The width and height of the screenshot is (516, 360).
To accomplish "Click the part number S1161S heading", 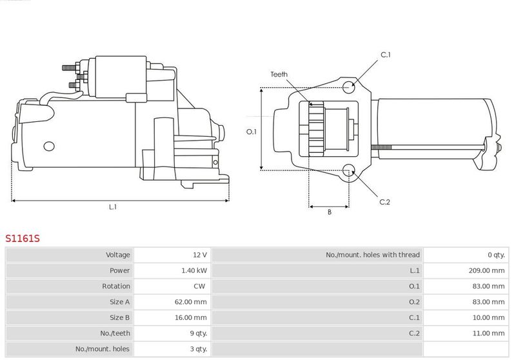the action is click(x=23, y=238).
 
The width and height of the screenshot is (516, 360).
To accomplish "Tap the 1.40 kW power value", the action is click(x=194, y=270).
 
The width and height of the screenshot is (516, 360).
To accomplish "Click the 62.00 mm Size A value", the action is click(x=190, y=302).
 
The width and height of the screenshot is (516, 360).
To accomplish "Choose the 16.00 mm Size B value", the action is click(x=190, y=317).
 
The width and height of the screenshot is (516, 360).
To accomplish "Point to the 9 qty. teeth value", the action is click(x=199, y=334).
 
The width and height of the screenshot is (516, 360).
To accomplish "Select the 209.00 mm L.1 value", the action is click(x=486, y=270).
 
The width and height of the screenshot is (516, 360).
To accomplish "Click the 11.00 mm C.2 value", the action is click(x=488, y=334).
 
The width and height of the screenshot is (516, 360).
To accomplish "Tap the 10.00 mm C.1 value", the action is click(x=488, y=317).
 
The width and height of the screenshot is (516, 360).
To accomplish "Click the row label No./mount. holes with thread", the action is click(x=373, y=255).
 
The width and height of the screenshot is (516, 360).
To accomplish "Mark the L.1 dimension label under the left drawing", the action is click(x=113, y=207).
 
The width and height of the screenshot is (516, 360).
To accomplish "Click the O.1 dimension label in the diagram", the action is click(x=252, y=132).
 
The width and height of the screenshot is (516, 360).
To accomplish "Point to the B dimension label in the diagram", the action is click(x=330, y=212).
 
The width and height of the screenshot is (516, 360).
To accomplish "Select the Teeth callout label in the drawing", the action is click(x=279, y=74).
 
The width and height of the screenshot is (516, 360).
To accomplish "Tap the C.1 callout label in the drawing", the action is click(x=386, y=55).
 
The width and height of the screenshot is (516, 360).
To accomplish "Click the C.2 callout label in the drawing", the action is click(x=384, y=202).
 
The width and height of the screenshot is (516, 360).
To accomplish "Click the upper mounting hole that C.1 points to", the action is click(x=348, y=88).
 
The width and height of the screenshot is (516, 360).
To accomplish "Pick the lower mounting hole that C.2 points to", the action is click(x=348, y=171).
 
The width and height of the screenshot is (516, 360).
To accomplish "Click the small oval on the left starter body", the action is click(x=49, y=146).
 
